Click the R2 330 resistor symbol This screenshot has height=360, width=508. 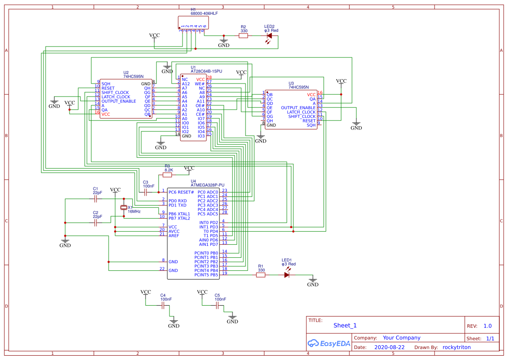point(243,36)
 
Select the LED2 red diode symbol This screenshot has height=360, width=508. point(269,36)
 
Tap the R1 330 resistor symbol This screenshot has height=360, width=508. point(261,275)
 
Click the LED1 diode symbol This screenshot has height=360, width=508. point(287,275)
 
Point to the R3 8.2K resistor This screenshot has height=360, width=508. point(167,175)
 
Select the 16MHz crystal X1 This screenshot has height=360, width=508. point(124,208)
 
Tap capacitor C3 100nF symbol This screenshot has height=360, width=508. point(146,191)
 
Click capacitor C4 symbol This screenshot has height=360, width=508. point(163,306)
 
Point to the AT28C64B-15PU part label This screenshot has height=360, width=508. point(206,71)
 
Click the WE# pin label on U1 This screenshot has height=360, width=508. point(199,83)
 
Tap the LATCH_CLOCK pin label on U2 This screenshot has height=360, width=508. point(116,97)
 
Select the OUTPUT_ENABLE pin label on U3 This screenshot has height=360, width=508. point(298,108)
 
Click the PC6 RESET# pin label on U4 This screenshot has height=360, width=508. point(181,192)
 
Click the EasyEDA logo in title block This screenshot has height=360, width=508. point(328,343)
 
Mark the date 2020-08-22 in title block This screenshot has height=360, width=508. point(389,347)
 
